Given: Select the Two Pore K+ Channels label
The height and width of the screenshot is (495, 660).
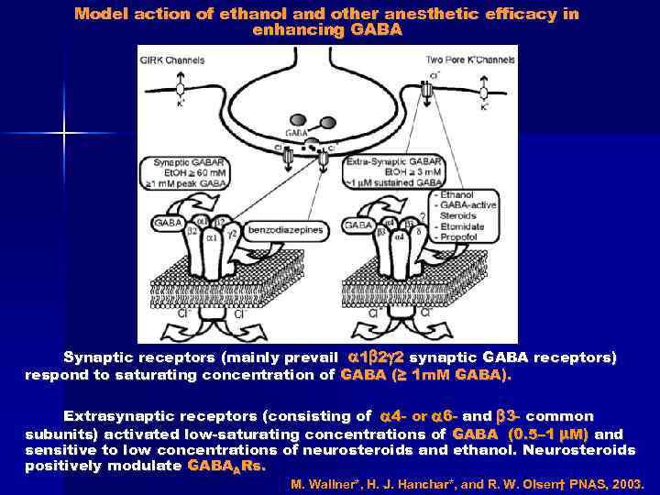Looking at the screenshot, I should [x=469, y=60].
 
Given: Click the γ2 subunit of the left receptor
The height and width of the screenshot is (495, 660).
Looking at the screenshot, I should [x=235, y=235].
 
